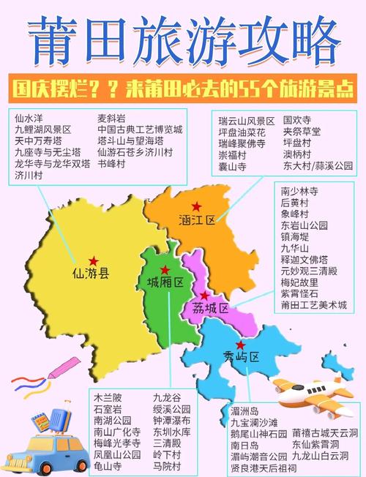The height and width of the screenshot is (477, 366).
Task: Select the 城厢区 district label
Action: pos(164,282)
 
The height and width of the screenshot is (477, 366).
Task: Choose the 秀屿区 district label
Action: pos(242,357)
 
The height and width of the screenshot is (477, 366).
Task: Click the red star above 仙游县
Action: pos(93,260)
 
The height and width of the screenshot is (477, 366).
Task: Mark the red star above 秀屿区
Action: pos(239,345)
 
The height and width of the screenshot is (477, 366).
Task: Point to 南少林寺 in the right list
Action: pos(299,190)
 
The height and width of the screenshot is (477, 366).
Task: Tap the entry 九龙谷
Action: pos(167,397)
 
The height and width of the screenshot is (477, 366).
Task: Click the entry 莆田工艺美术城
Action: pos(314,304)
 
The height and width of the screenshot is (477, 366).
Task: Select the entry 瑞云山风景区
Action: pos(247,120)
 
